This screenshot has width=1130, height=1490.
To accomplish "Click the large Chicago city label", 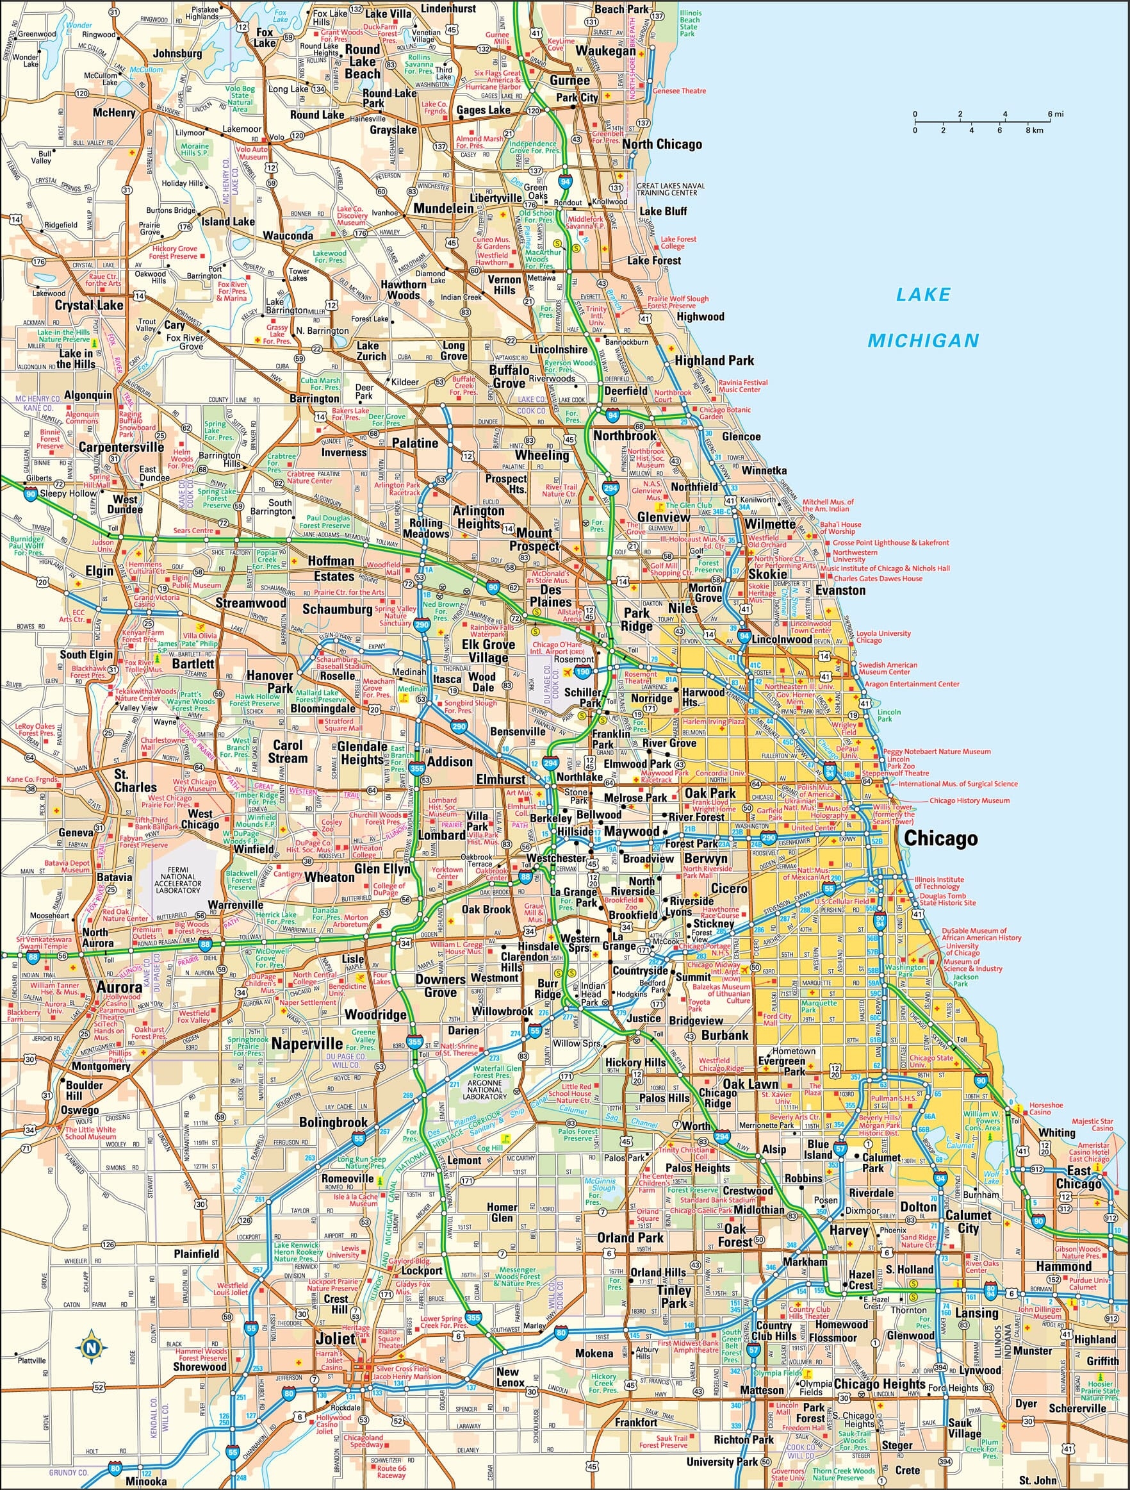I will coord(940,838).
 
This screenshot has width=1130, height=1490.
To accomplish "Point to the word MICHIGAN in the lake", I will coord(922,341).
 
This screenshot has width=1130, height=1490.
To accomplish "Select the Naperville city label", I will coord(307,1043).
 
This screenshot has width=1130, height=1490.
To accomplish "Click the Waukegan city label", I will coord(605,51).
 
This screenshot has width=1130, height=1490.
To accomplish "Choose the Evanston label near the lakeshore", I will coord(840,590).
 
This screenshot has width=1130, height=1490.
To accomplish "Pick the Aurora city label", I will coord(119,987).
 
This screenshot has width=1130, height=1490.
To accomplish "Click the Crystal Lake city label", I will coord(89,305).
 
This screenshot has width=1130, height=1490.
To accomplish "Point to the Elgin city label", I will coord(99,570).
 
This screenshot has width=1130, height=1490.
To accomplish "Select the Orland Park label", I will coord(630,1238).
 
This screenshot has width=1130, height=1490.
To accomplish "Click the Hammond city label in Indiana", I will coord(1063,1266).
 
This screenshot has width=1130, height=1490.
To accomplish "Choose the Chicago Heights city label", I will coord(880,1384).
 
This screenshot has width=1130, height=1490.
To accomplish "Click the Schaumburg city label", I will coord(337,609).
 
